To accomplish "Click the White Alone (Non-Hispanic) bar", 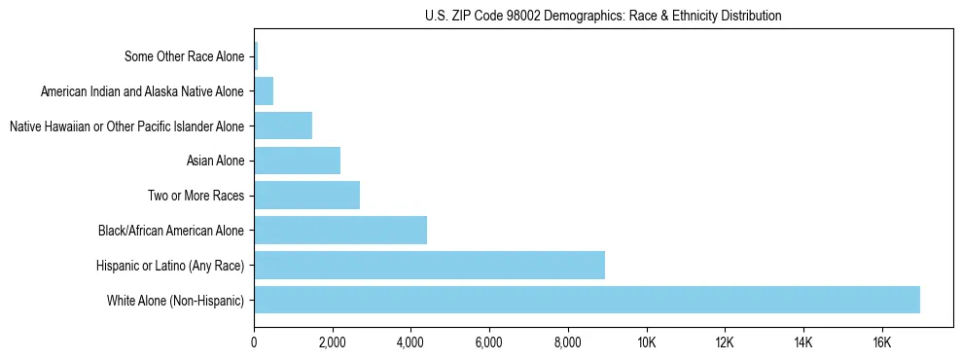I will tap(587, 300).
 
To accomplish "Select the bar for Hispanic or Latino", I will tap(429, 265).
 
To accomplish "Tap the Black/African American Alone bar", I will tap(340, 231).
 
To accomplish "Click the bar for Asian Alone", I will tap(297, 161).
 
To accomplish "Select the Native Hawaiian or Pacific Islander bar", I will tap(283, 126).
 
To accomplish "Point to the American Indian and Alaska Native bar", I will tap(264, 91).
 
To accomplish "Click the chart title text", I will tap(603, 16).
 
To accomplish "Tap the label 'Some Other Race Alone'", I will tap(185, 56).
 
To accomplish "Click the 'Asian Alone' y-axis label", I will tap(216, 161).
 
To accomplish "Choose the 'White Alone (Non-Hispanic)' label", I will tap(176, 300).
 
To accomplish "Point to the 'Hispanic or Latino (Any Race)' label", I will tap(170, 265).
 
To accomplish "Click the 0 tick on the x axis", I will tap(254, 342).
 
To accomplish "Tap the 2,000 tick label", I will tap(333, 342).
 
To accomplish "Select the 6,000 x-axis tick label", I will tap(489, 342).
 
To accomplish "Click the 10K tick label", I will tap(646, 342).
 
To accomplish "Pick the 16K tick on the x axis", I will tap(881, 342).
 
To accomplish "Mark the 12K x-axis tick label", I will tap(725, 342).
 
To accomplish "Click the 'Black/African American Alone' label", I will tap(172, 231).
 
